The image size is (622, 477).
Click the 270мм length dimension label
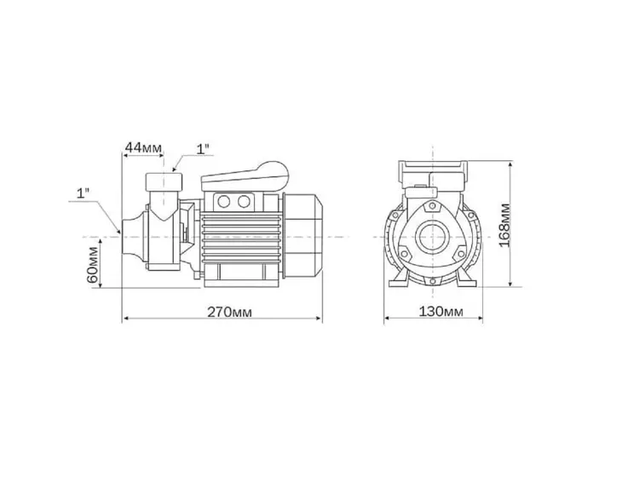tap(230, 312)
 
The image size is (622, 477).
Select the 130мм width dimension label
tap(441, 312)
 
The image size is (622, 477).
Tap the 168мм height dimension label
tap(504, 225)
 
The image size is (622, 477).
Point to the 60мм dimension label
tap(92, 264)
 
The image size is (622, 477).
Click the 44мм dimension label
tap(143, 148)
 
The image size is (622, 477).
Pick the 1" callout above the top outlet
tap(203, 148)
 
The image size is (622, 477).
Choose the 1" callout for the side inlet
tap(83, 193)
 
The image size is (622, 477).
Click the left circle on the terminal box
tap(224, 202)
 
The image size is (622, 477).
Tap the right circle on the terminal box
tap(244, 202)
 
